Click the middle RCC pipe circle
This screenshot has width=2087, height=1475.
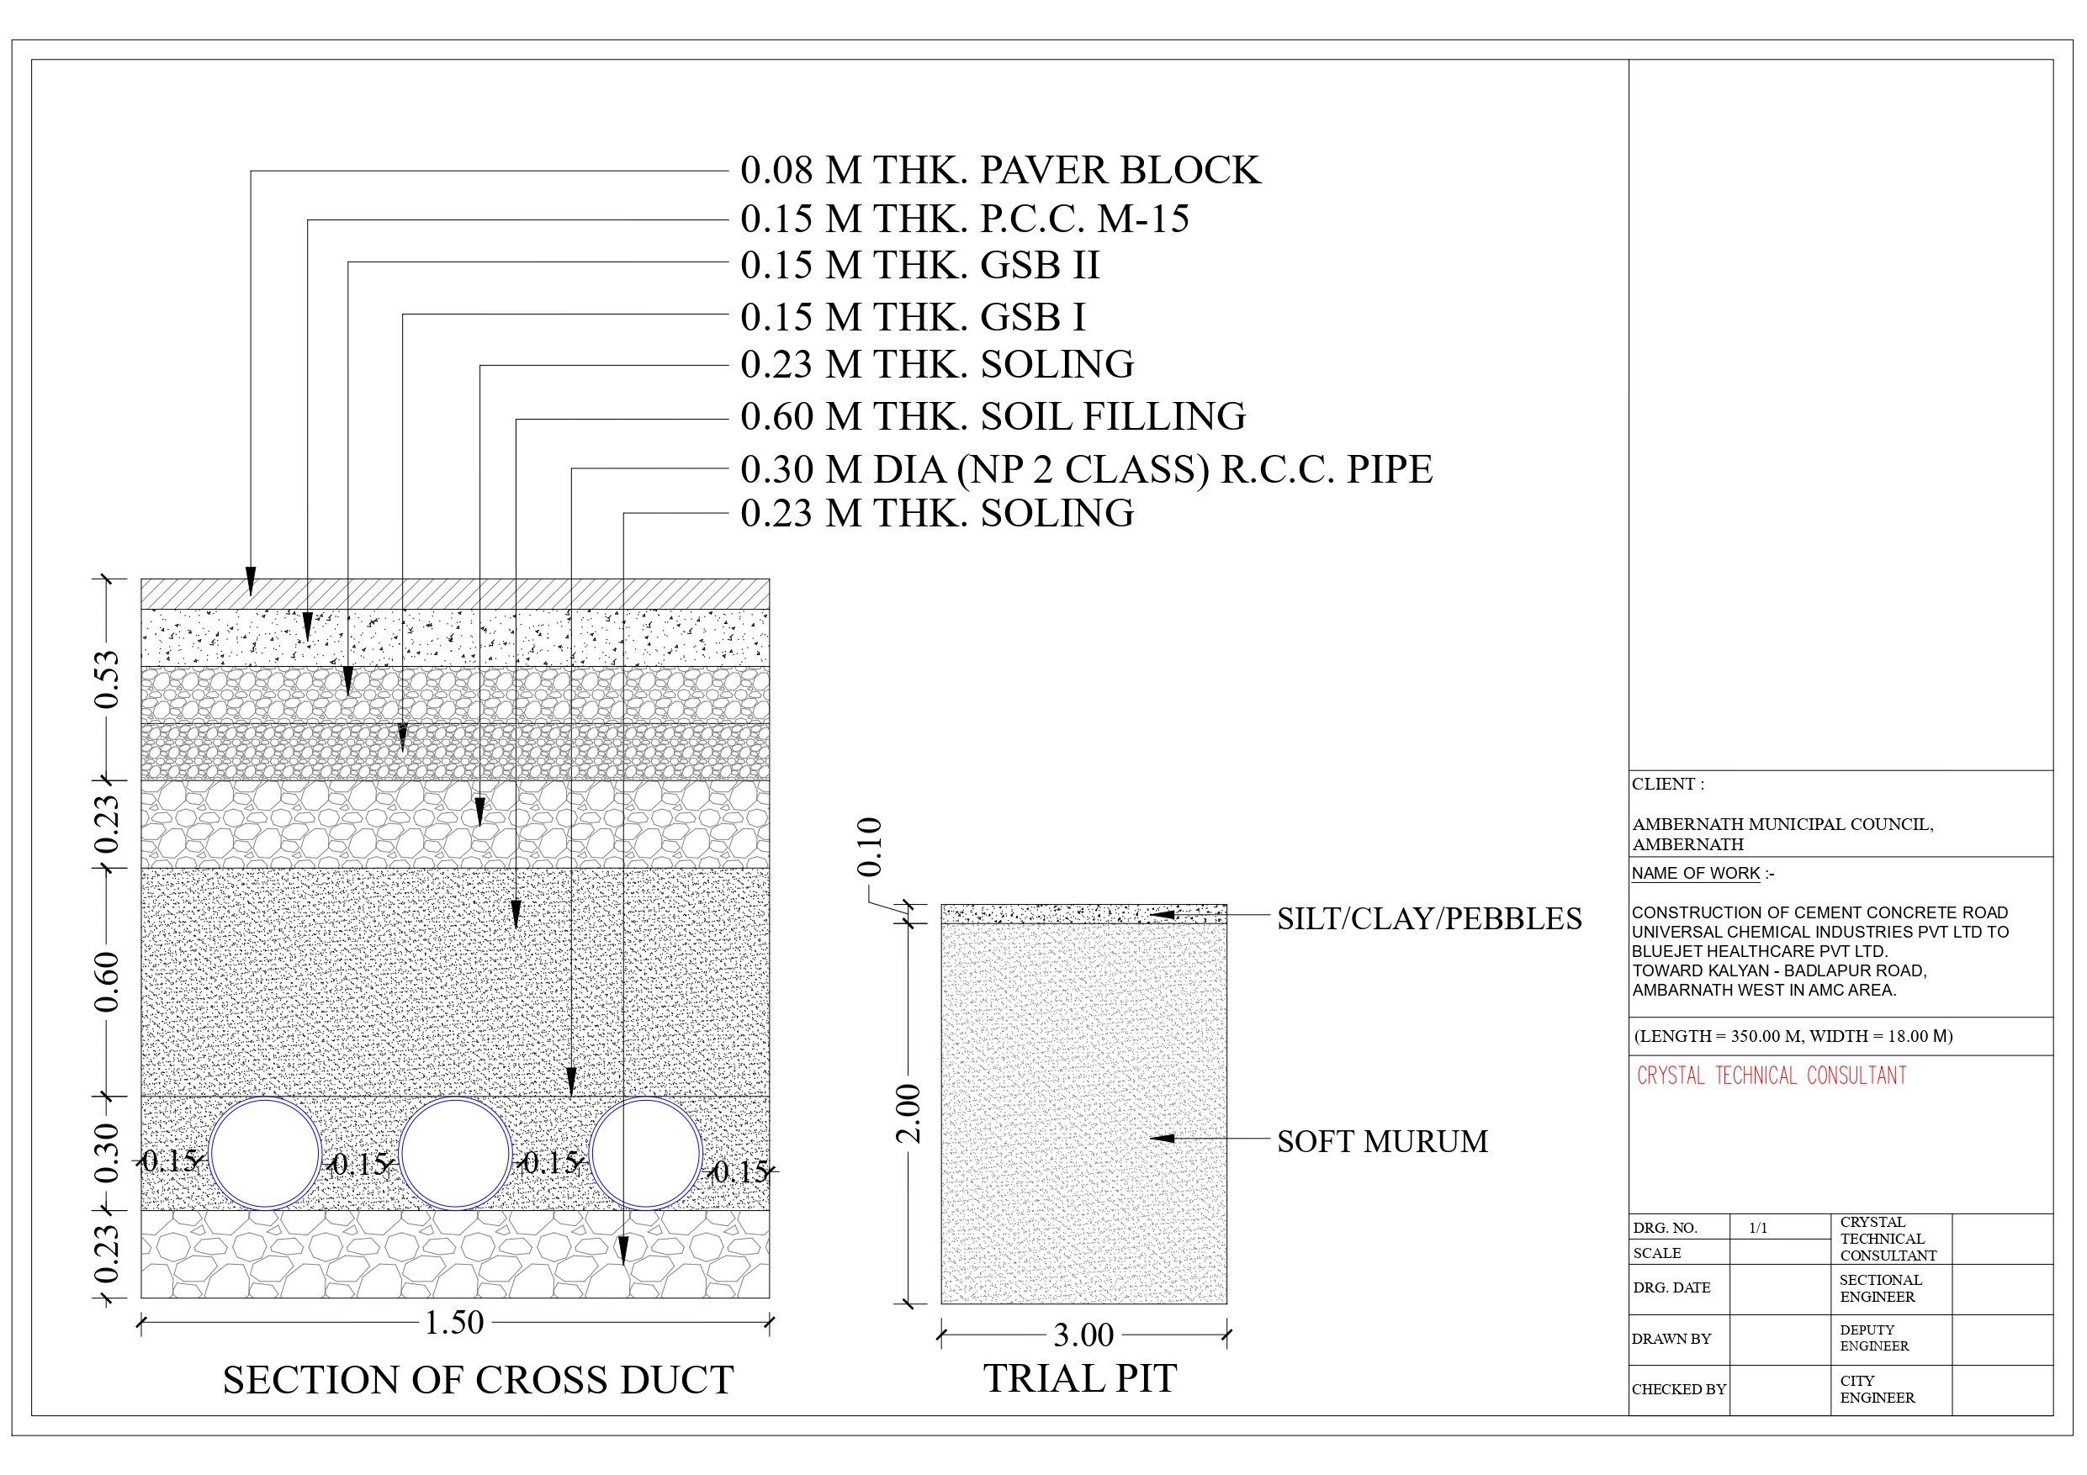coord(455,1097)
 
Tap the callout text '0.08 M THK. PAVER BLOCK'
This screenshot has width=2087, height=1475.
coord(1001,170)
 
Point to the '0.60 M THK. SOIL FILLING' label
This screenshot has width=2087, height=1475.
coord(993,416)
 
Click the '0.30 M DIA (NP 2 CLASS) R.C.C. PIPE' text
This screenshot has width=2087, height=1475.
coord(1086,470)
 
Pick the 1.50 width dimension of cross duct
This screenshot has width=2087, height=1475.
coord(454,1322)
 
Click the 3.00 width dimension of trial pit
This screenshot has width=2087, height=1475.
coord(1083,1335)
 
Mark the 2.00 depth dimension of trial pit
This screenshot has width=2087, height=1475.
coord(908,1113)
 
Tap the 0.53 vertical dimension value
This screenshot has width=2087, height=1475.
coord(106,679)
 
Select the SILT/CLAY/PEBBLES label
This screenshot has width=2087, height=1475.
coord(1429,919)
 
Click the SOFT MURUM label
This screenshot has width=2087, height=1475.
coord(1383,1141)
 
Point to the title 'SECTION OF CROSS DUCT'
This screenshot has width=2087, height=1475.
coord(478,1380)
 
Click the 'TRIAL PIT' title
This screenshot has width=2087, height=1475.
coord(1080,1378)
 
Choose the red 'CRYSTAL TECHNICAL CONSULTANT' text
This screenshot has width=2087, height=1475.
coord(1772,1076)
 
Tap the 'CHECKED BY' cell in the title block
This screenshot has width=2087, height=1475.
coord(1679,1389)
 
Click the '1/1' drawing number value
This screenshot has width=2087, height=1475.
coord(1758,1228)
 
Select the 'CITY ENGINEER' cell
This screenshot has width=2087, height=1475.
coord(1877,1389)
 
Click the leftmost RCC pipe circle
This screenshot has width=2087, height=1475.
coord(264,1097)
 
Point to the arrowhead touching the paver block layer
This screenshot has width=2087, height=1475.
coord(251,582)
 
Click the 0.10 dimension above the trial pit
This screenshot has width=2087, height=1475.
coord(870,847)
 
